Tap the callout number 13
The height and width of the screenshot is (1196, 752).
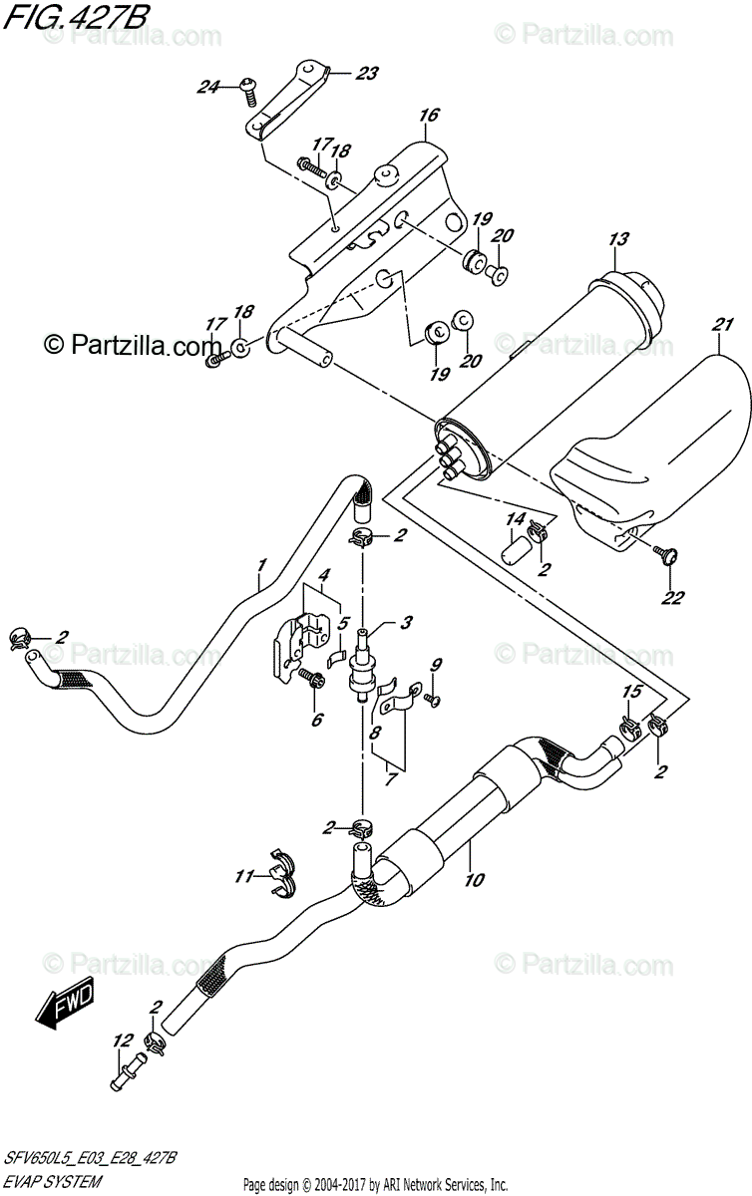618,239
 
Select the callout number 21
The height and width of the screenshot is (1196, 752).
723,324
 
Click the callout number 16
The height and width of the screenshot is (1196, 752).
428,117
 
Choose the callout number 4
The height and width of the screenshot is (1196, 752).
324,575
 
